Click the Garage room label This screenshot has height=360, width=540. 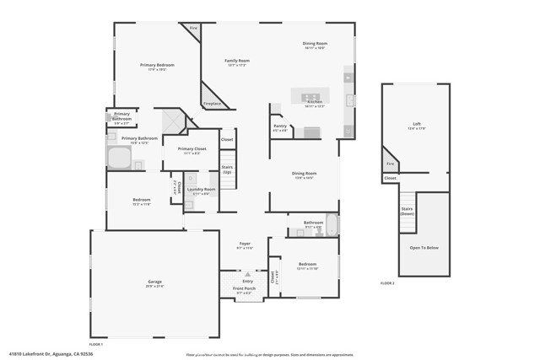click(x=154, y=282)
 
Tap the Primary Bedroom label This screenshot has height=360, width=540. click(x=157, y=65)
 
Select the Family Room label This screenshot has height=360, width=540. click(x=237, y=61)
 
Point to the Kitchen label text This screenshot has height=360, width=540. click(x=315, y=103)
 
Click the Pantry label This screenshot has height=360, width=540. click(x=280, y=127)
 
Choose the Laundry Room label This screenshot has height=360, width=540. click(x=202, y=190)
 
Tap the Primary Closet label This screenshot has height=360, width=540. click(x=188, y=150)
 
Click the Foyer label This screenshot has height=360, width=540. click(x=245, y=244)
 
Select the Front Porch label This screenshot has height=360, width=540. click(x=244, y=288)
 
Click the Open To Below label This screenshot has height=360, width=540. click(x=424, y=248)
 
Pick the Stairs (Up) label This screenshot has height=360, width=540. click(x=227, y=169)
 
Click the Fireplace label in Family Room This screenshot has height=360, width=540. click(x=212, y=104)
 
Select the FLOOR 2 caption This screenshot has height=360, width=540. click(x=387, y=283)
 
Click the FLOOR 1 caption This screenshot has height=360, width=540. click(x=96, y=344)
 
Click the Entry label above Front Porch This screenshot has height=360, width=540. click(x=247, y=281)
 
